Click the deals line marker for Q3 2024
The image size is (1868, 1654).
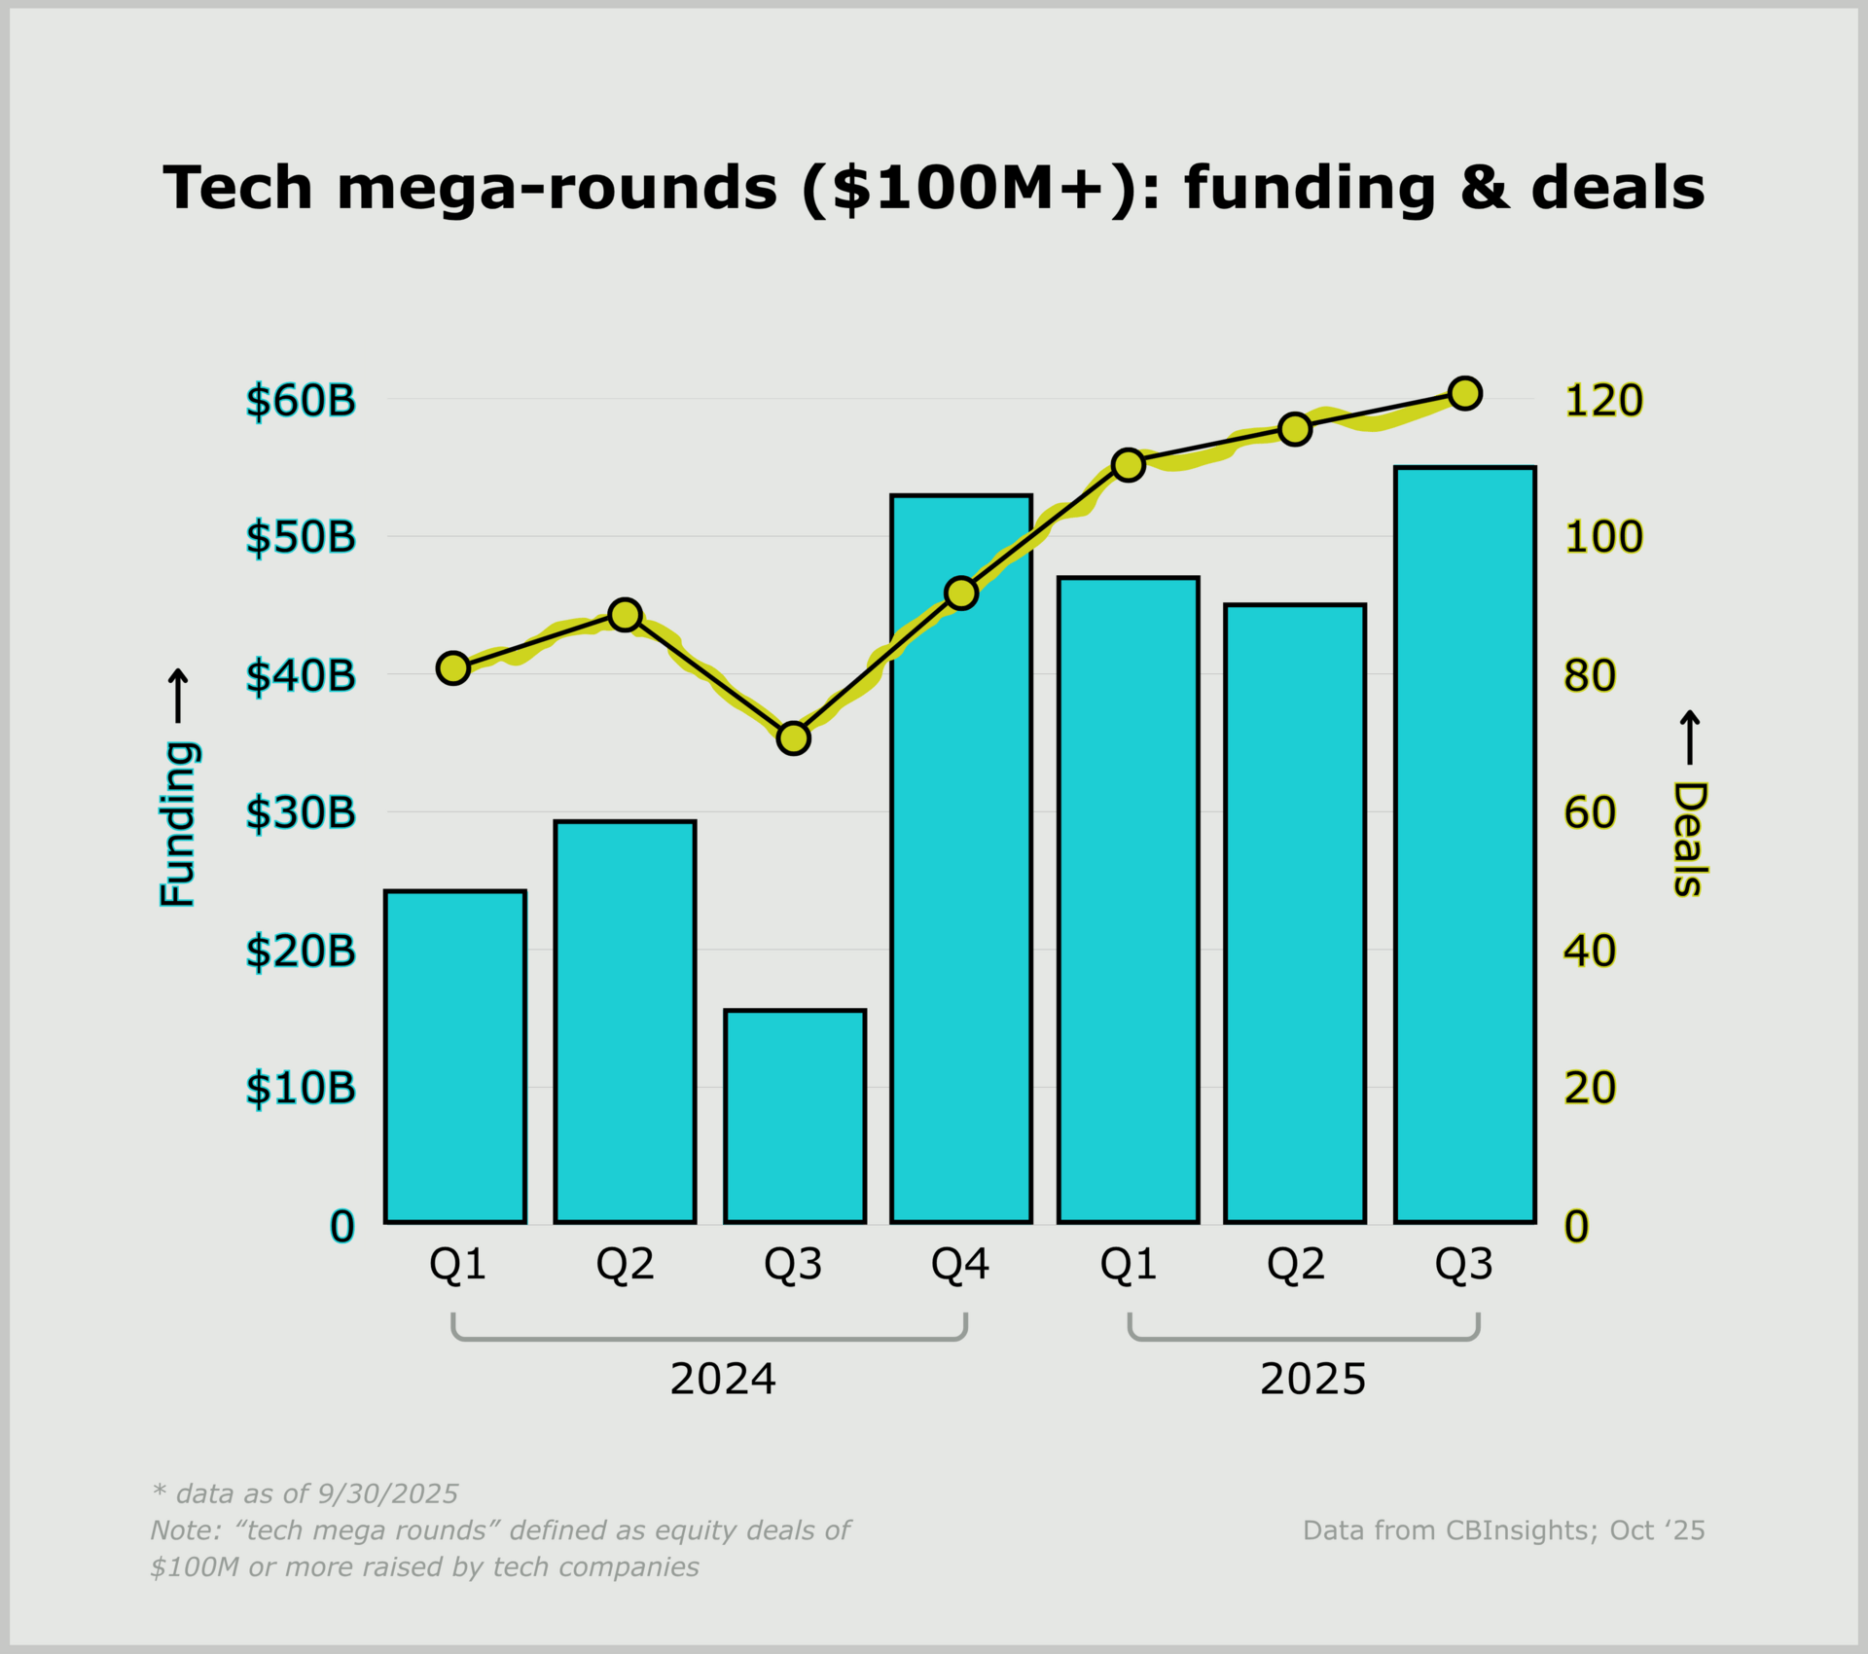pyautogui.click(x=794, y=738)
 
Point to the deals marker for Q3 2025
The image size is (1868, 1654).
pyautogui.click(x=1464, y=393)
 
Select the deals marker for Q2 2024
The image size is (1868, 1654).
pyautogui.click(x=625, y=615)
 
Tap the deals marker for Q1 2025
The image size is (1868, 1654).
pyautogui.click(x=1128, y=466)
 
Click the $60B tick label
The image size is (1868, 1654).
pyautogui.click(x=301, y=401)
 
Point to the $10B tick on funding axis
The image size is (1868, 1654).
pyautogui.click(x=301, y=1088)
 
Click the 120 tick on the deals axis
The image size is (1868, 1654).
pyautogui.click(x=1603, y=401)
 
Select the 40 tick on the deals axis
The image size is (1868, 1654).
pyautogui.click(x=1590, y=951)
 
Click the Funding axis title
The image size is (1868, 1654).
pyautogui.click(x=179, y=823)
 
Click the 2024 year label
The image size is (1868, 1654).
pyautogui.click(x=723, y=1380)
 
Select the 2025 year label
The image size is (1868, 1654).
pyautogui.click(x=1312, y=1380)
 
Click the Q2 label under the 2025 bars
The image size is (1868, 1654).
pyautogui.click(x=1295, y=1264)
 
